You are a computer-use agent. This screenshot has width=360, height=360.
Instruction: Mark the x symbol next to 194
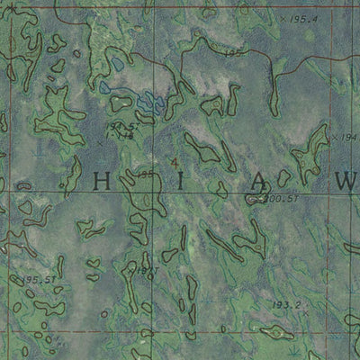tap(334, 136)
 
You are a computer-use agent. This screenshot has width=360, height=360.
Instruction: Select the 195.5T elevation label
tap(40, 281)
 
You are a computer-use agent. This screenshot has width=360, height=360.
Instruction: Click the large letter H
tap(103, 179)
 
